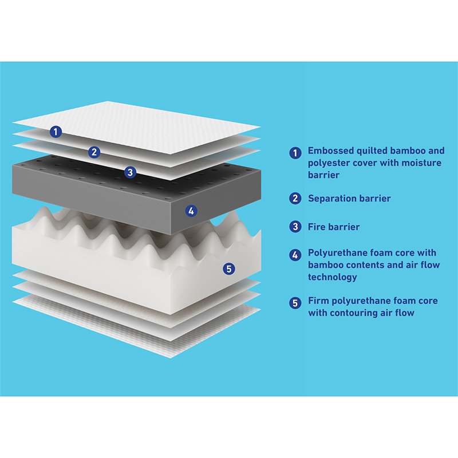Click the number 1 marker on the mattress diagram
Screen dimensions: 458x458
tap(56, 132)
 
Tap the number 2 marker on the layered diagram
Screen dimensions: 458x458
tap(94, 152)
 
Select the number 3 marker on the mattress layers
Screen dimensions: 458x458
tap(131, 172)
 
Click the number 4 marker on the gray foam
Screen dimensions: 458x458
tap(191, 211)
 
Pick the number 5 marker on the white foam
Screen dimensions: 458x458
tap(229, 269)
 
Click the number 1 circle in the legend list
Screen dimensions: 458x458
tap(295, 153)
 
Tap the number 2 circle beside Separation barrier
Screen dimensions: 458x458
tap(295, 198)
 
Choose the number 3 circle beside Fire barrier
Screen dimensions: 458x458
tap(295, 227)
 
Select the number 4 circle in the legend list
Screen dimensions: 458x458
tap(295, 255)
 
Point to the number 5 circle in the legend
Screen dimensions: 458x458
tap(295, 303)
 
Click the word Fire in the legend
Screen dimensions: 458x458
tap(317, 227)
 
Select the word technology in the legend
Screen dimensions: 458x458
tap(333, 277)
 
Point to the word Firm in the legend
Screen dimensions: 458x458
tap(318, 301)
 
